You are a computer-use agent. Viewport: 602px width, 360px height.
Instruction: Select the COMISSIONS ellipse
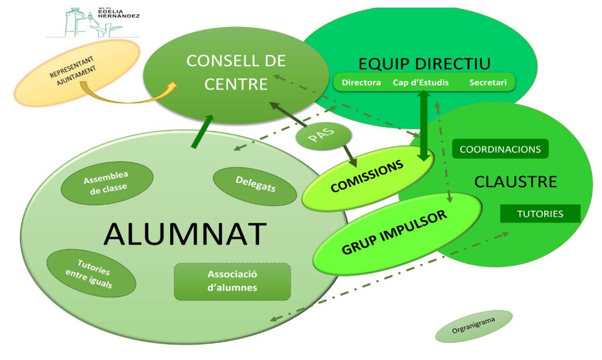(368, 177)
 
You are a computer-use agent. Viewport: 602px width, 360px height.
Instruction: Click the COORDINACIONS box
(500, 149)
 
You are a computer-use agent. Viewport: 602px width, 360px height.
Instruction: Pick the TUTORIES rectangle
(540, 214)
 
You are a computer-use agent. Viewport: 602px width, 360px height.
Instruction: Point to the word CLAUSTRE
(515, 182)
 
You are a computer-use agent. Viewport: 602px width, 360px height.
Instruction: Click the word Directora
(361, 82)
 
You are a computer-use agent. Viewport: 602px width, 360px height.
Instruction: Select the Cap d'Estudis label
(420, 82)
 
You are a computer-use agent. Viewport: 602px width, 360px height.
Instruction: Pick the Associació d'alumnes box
(232, 281)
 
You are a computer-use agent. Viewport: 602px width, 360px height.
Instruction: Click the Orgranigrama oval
(474, 326)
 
